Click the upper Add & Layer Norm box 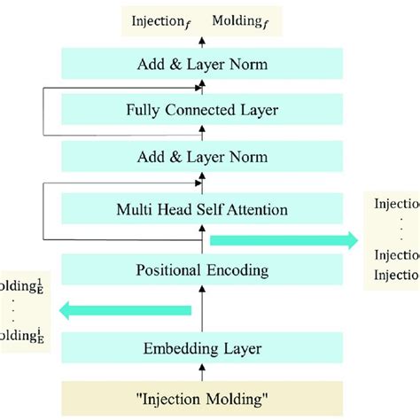pos(202,64)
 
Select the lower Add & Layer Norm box pos(202,159)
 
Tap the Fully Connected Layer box pos(202,112)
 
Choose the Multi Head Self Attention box pos(202,210)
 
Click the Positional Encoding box pos(202,269)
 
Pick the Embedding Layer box pos(202,346)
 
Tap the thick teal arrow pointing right pos(283,239)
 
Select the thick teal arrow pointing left pos(125,309)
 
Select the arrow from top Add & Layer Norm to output pos(202,42)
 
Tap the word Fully pos(145,112)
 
